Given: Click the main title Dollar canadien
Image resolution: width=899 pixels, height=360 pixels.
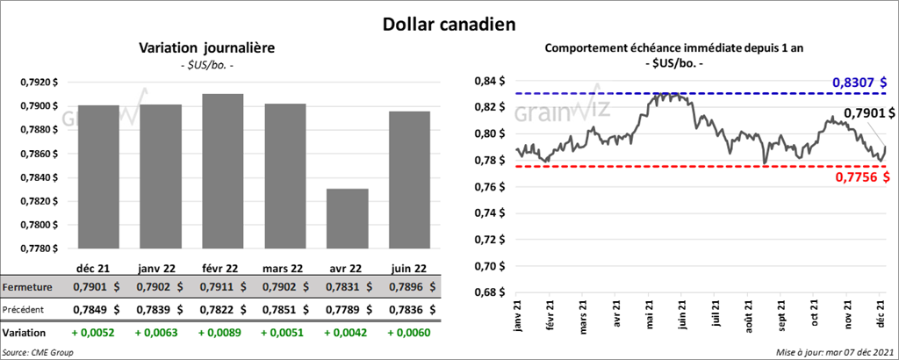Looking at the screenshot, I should coord(449,24).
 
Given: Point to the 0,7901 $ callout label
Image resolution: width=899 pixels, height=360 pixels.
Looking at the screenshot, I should coord(869,113).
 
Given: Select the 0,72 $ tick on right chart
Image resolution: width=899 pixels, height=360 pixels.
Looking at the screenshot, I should coord(490,240).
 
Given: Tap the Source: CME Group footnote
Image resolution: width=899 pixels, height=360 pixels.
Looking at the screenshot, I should coord(38,352).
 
